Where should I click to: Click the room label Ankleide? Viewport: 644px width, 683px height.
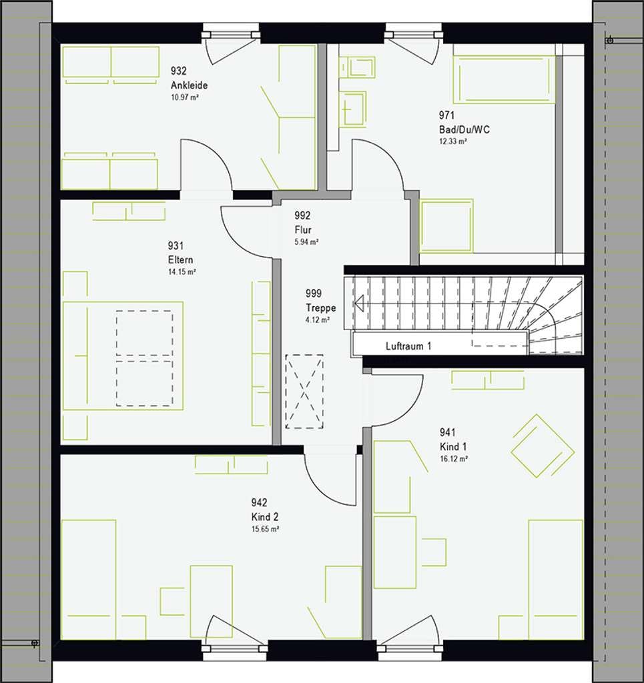(189, 85)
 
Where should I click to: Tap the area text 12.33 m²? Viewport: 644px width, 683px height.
(453, 141)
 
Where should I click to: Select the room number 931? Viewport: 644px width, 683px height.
(176, 246)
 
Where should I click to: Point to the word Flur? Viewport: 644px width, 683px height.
(303, 229)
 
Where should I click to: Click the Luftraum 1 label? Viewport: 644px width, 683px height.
(408, 346)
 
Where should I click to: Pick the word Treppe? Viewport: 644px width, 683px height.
(321, 307)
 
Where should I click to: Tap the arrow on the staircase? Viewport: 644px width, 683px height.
(360, 303)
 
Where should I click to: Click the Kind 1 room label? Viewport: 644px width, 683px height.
(453, 446)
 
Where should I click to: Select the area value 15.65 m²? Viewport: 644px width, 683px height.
(265, 529)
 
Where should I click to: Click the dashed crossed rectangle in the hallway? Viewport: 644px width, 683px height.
(304, 391)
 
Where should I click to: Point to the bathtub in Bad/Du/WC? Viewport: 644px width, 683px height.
(504, 79)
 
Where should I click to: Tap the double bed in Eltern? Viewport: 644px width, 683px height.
(123, 356)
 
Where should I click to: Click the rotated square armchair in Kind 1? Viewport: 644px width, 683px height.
(543, 446)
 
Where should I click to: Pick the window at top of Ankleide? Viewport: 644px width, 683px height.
(231, 33)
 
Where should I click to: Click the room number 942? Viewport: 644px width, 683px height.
(259, 503)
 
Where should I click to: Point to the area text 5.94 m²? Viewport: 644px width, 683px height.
(306, 242)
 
